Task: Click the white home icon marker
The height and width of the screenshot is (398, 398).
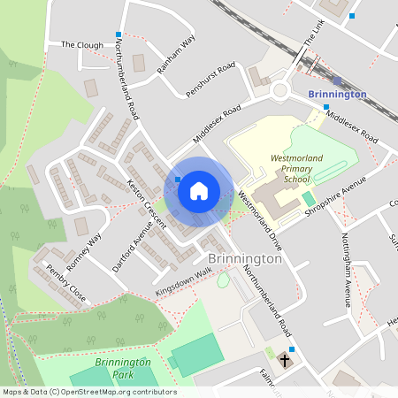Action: (x=199, y=190)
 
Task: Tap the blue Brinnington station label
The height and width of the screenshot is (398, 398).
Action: (x=337, y=94)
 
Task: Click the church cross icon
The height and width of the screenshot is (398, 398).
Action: (x=286, y=360)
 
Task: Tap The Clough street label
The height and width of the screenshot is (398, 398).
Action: (x=82, y=43)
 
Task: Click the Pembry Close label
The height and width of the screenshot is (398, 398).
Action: (x=67, y=282)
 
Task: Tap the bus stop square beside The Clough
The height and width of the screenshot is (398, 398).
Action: (x=119, y=34)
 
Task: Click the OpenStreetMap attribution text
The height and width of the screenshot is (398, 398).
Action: (x=89, y=392)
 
